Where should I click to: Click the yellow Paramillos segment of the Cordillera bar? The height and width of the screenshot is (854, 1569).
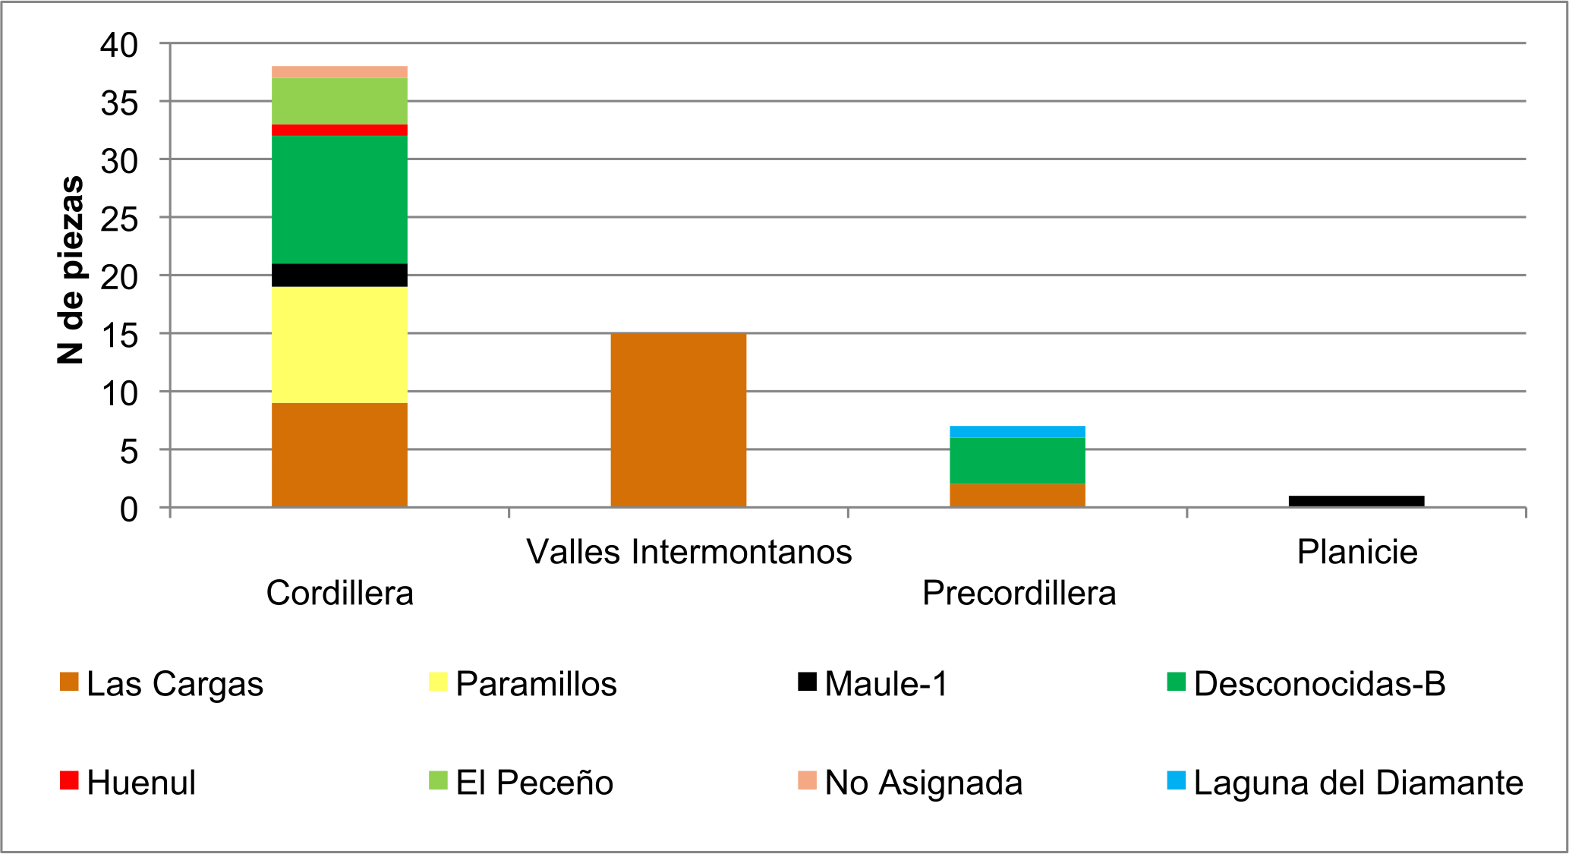click(339, 345)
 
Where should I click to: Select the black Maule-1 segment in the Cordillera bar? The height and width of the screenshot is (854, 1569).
click(339, 275)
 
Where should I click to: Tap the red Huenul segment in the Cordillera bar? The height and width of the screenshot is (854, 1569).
click(339, 130)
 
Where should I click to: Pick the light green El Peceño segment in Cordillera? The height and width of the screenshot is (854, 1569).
click(339, 101)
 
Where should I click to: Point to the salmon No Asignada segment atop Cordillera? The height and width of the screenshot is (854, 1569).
click(339, 72)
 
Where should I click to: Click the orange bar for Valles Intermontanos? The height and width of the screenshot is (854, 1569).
click(678, 420)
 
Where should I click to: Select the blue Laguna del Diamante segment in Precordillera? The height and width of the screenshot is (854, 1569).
click(1017, 432)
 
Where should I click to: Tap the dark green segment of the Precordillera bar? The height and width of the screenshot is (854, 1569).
click(1017, 461)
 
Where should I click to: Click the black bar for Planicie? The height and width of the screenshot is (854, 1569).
click(1356, 501)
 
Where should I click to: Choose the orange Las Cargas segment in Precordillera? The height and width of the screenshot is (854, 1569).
click(1017, 495)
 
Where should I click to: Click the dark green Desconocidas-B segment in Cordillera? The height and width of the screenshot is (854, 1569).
click(339, 200)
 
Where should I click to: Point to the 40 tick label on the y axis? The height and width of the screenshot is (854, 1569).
click(119, 45)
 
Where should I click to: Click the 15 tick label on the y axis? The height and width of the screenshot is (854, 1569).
click(119, 335)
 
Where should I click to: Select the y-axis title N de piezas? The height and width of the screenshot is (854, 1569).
click(71, 269)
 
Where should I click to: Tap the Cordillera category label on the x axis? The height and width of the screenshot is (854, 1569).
click(339, 593)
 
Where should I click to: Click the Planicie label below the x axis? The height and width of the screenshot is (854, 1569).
click(1356, 552)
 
